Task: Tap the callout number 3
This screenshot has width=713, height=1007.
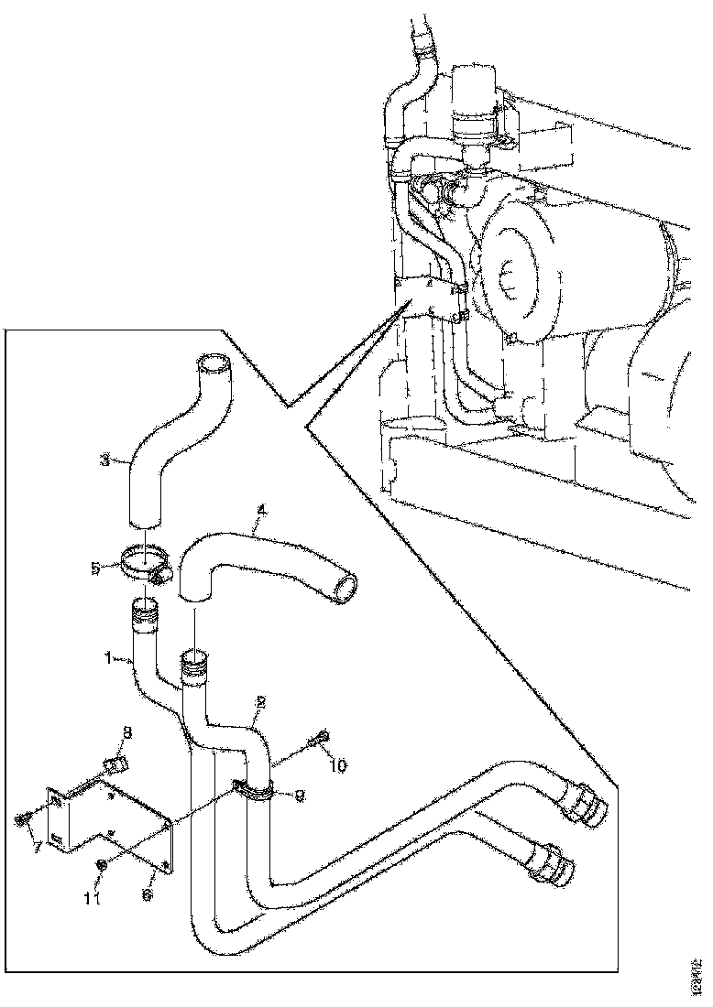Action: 106,460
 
